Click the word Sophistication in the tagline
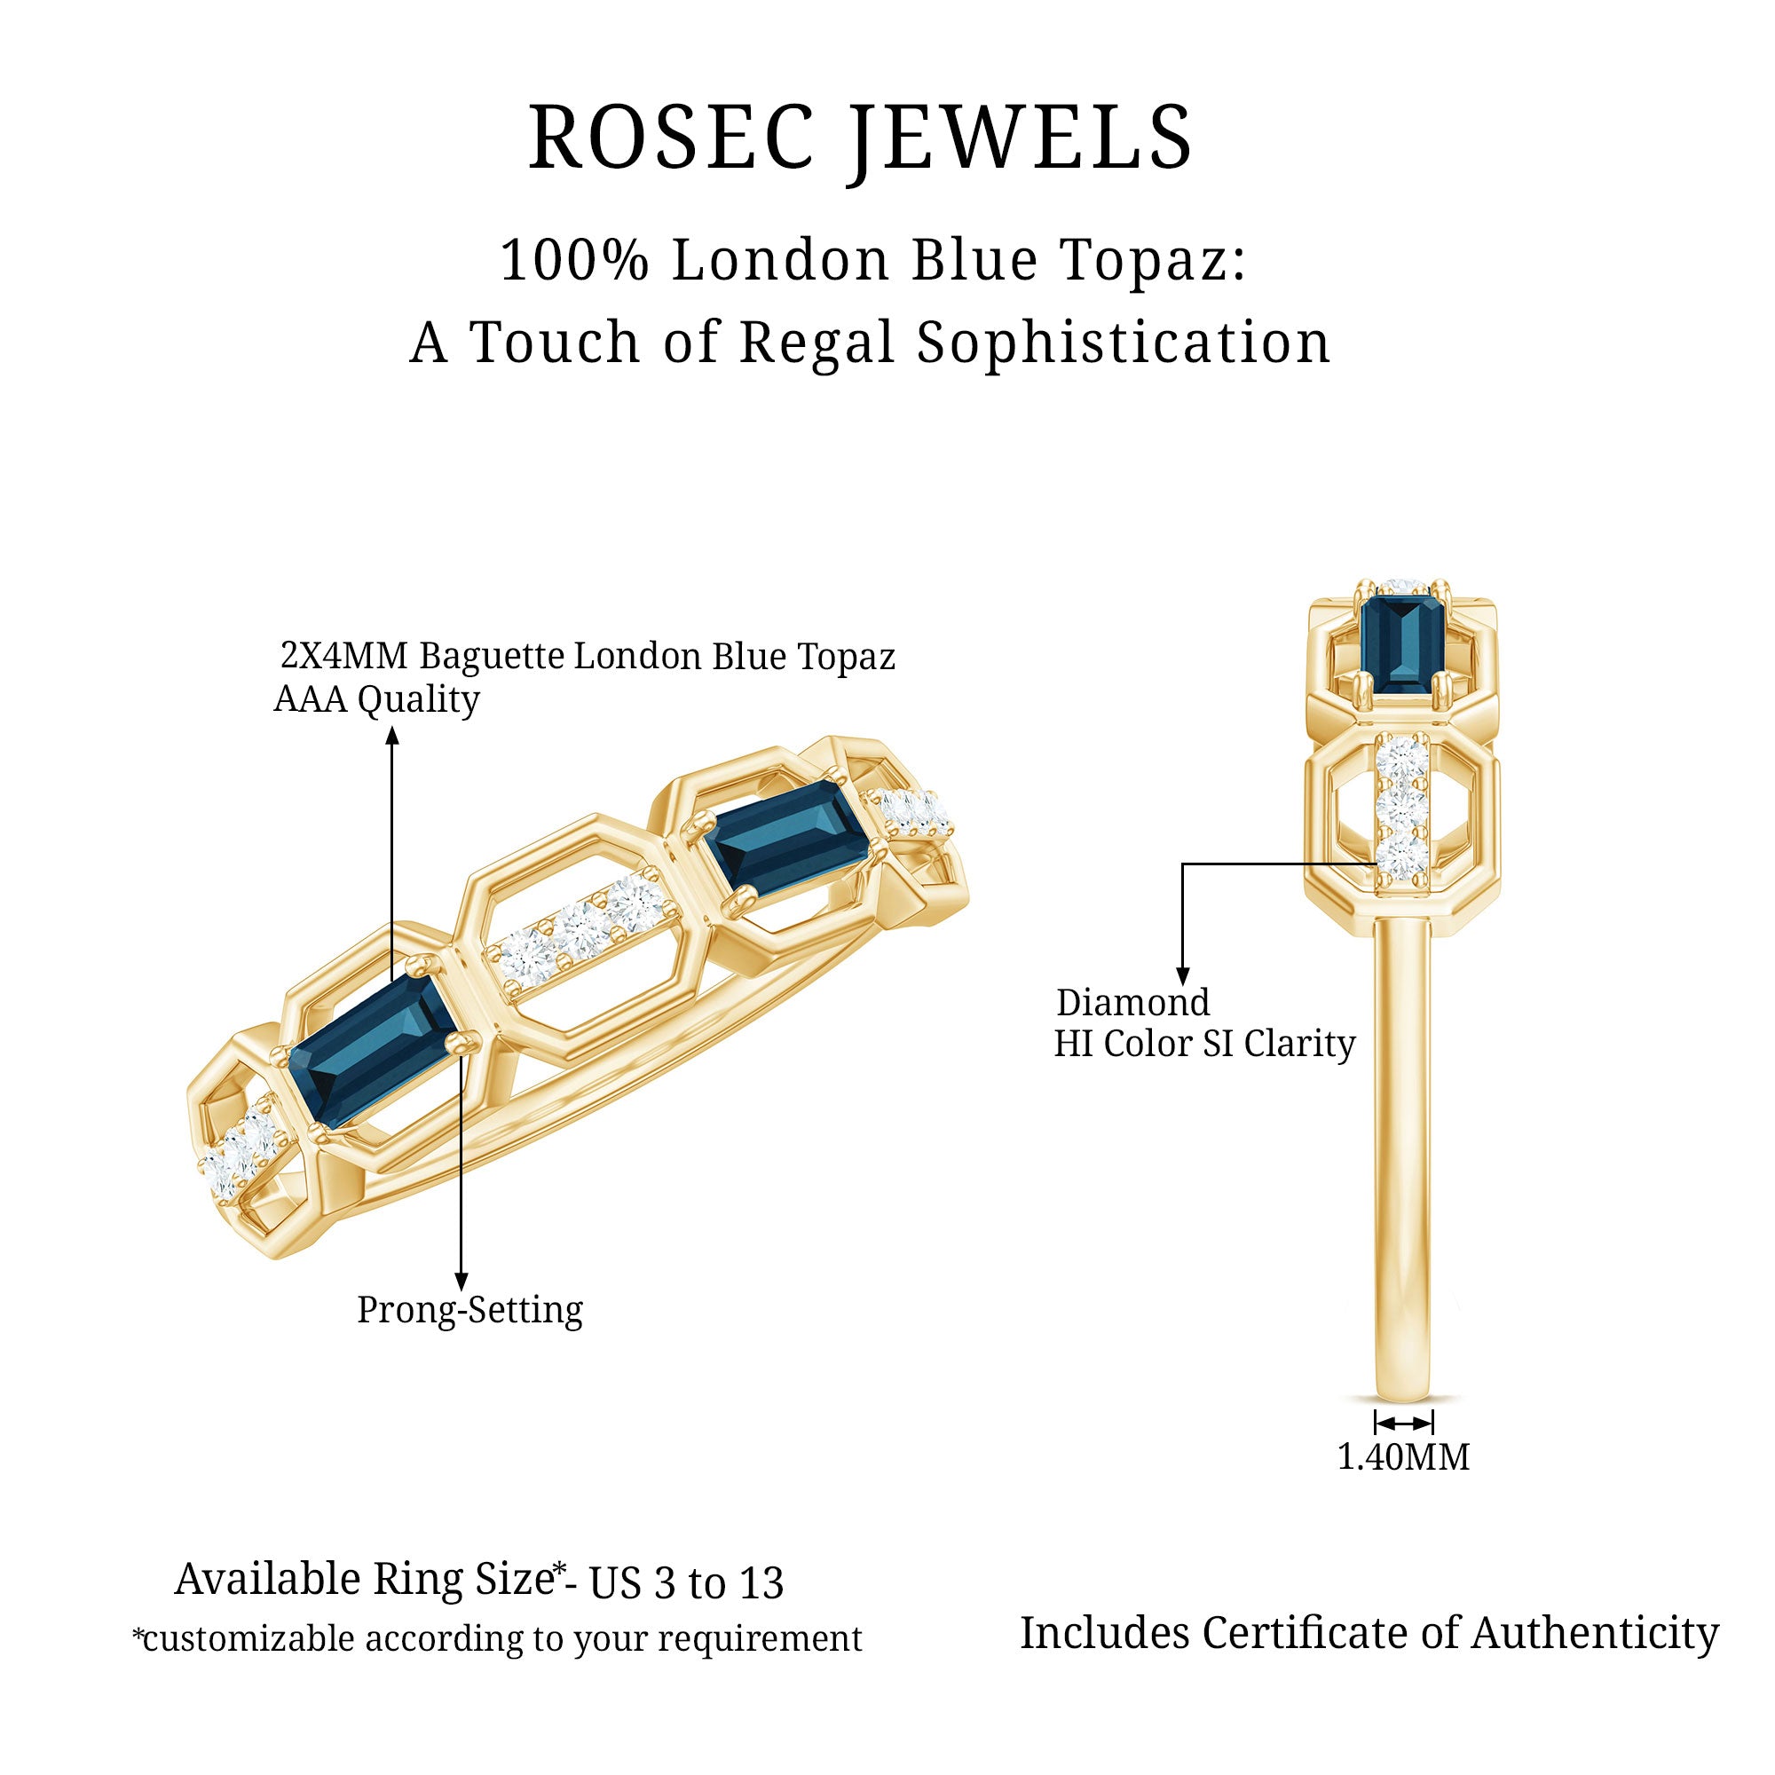tap(1124, 343)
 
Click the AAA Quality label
tap(376, 700)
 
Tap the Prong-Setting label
tap(469, 1310)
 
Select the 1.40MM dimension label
tap(1403, 1457)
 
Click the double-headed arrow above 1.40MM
tap(1403, 1424)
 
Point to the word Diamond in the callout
tap(1132, 1002)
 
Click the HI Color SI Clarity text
tap(1203, 1044)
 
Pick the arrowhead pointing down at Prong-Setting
tap(461, 1282)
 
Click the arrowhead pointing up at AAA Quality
tap(392, 734)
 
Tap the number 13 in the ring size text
tap(761, 1583)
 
